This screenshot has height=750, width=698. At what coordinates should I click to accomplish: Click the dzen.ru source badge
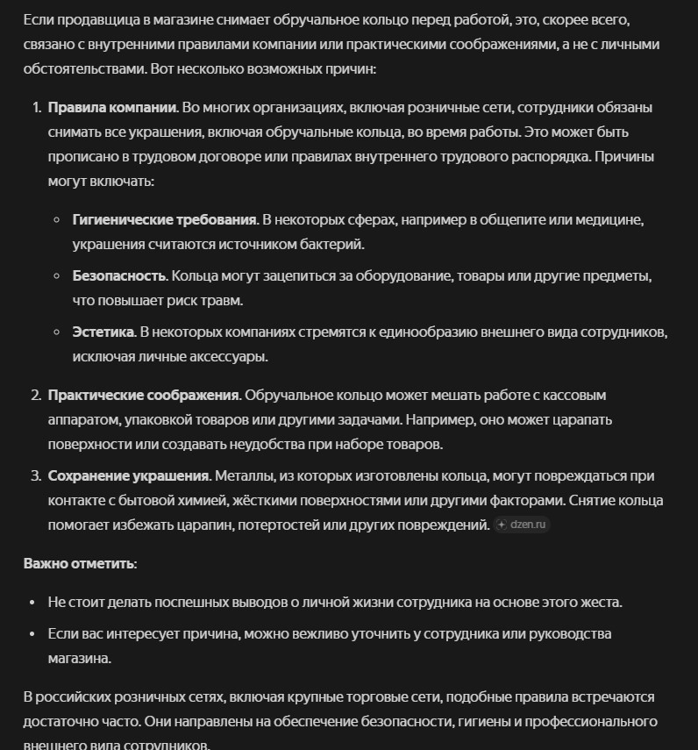click(x=522, y=525)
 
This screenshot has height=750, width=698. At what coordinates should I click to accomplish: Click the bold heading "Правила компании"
click(x=112, y=108)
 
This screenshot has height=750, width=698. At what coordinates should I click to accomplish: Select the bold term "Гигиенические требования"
click(x=164, y=220)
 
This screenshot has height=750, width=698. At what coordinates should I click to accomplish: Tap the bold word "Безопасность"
click(x=119, y=276)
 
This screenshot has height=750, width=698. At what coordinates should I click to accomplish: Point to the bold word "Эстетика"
click(x=103, y=332)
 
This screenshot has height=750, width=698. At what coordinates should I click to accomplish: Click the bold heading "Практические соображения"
click(x=143, y=396)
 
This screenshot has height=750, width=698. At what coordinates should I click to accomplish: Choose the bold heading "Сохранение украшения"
click(x=128, y=476)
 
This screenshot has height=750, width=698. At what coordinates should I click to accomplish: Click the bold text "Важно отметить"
click(x=80, y=563)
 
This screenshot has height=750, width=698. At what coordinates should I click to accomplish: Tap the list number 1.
click(x=36, y=108)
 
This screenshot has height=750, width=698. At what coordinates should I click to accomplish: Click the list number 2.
click(x=36, y=396)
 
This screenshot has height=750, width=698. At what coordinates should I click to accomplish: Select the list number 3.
click(x=36, y=476)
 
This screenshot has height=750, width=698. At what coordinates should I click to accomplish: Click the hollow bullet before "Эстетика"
click(x=56, y=332)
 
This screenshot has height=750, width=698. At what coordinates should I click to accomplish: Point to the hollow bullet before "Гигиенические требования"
click(x=56, y=220)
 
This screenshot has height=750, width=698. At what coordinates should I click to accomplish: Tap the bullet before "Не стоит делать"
click(x=32, y=603)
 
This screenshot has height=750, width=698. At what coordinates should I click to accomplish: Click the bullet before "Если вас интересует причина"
click(x=32, y=633)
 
